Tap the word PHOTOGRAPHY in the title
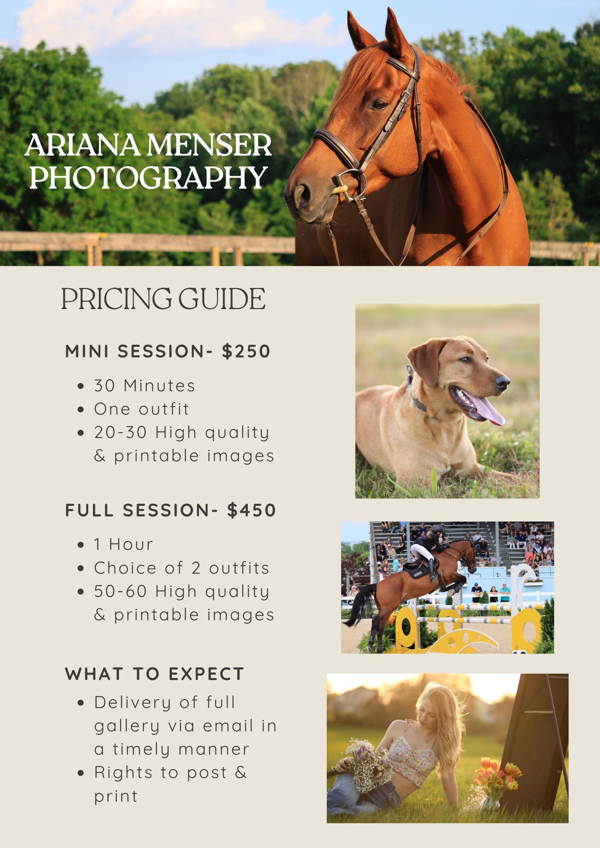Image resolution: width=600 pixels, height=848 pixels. [148, 177]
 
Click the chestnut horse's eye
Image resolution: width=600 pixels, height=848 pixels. [379, 104]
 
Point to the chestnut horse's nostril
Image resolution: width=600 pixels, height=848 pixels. [302, 193]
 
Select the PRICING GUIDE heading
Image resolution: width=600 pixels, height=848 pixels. [163, 298]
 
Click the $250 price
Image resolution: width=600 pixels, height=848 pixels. [246, 351]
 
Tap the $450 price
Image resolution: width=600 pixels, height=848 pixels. [252, 510]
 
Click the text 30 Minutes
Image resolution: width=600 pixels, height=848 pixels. [145, 385]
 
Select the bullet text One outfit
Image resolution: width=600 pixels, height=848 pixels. [142, 409]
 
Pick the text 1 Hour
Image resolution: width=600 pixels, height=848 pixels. [123, 544]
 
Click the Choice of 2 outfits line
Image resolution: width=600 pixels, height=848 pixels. [182, 568]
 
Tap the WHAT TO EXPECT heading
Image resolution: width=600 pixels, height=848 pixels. [155, 674]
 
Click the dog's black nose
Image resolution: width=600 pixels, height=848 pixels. [502, 382]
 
